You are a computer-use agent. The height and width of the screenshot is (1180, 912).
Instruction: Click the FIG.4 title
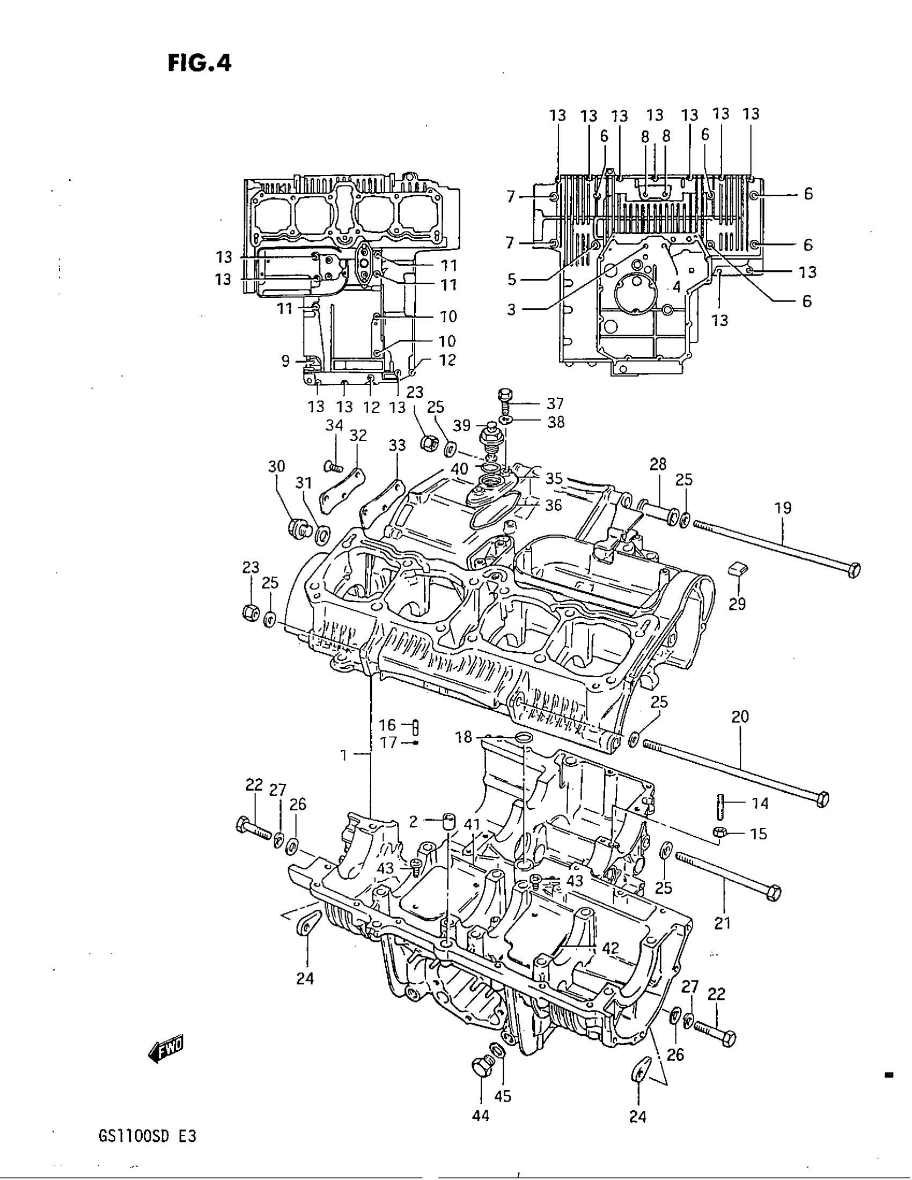[200, 64]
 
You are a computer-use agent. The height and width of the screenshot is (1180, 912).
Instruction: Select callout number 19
[783, 508]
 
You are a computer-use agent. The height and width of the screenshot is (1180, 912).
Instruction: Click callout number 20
[740, 717]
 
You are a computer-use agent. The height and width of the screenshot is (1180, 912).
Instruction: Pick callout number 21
[723, 924]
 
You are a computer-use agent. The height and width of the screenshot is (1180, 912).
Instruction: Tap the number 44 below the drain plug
[480, 1116]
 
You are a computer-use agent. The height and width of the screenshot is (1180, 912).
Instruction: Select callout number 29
[737, 603]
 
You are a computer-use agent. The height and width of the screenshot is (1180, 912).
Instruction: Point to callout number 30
[277, 466]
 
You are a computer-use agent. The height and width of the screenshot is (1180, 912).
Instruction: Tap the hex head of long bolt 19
[854, 570]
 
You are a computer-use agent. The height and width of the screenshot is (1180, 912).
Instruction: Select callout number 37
[555, 403]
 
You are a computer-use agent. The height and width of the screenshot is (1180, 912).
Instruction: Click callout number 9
[286, 361]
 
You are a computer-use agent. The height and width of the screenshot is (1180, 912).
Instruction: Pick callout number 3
[511, 309]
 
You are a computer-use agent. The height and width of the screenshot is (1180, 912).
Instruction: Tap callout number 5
[511, 279]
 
